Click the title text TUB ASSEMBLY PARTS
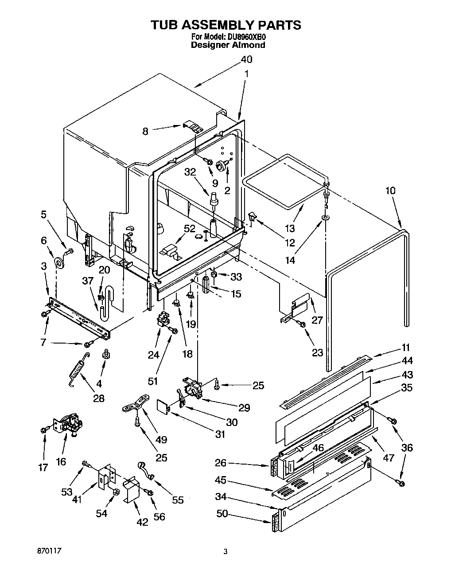click(x=226, y=25)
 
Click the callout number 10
click(x=390, y=191)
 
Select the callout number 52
click(x=189, y=229)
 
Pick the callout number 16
click(x=61, y=462)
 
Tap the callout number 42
click(x=142, y=522)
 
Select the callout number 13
click(x=289, y=229)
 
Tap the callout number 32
click(x=190, y=173)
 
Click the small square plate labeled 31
click(x=163, y=407)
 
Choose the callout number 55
click(x=178, y=500)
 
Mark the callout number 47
click(x=388, y=457)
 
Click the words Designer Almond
click(x=228, y=45)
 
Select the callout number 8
click(x=145, y=131)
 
